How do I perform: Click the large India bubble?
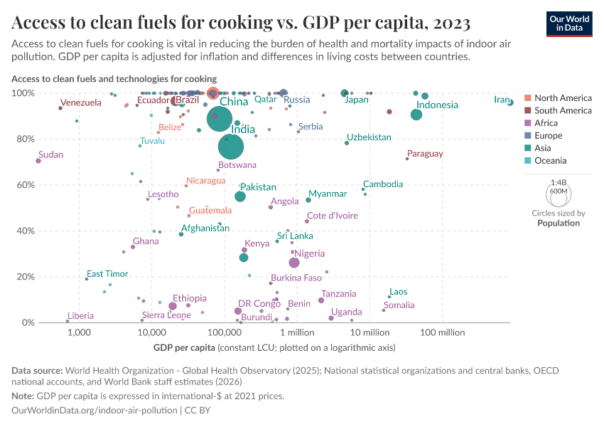click(232, 147)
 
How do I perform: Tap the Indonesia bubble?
click(416, 115)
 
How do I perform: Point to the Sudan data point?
click(38, 161)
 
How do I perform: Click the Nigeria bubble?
click(294, 263)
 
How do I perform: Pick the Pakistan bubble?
click(240, 196)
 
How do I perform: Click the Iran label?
click(502, 100)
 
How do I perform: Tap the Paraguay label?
click(425, 154)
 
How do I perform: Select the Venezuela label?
click(81, 103)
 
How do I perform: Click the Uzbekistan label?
click(369, 137)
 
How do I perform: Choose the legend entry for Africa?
click(547, 123)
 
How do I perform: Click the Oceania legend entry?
click(551, 161)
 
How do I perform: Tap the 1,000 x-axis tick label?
click(79, 332)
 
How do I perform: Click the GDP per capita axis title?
click(185, 347)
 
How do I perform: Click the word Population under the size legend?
click(559, 223)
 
